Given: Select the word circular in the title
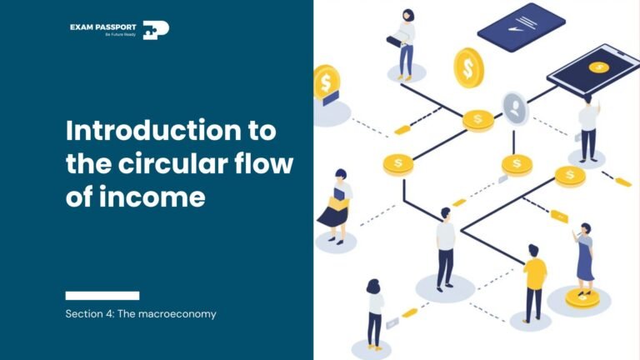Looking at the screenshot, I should point(182,164).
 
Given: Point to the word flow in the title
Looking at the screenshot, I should point(267,164).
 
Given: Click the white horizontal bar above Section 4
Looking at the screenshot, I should point(102,295).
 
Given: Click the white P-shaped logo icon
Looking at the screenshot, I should point(156,31).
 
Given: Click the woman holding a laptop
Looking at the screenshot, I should point(405,42).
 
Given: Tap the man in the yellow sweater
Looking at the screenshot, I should point(534,283).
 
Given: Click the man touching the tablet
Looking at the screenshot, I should point(588,125).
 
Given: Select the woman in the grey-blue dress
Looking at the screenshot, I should point(584,254).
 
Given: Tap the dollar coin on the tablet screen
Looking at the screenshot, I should point(597,67).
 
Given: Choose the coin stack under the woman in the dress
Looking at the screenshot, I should point(582,297).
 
